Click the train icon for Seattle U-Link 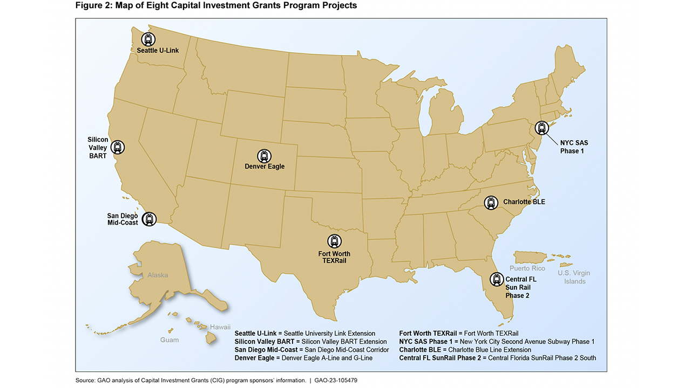(148, 39)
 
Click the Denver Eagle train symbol (264, 156)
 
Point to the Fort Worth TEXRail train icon (335, 241)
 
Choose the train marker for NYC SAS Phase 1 (541, 128)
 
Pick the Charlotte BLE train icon (491, 202)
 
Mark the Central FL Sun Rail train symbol (496, 279)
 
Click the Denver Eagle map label (265, 167)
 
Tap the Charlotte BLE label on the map (524, 202)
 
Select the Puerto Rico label (527, 268)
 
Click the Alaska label (158, 275)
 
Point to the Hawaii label (220, 327)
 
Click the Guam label (170, 340)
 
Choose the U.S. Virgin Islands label (574, 277)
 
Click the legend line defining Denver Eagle (303, 358)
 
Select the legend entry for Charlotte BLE (465, 350)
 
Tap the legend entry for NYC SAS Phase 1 (497, 342)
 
